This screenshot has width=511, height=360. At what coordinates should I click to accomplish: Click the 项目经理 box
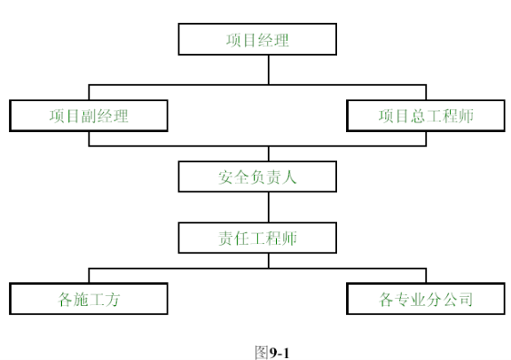point(257,39)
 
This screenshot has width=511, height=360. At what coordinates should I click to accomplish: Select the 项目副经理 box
point(89,115)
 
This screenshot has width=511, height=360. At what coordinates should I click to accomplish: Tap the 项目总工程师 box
point(426,115)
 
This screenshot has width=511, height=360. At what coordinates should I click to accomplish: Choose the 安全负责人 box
point(257,176)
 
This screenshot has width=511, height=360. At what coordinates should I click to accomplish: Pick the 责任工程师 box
point(257,238)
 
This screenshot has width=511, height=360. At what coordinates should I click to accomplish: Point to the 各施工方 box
point(89,299)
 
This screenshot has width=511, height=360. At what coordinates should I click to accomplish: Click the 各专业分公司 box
point(426,299)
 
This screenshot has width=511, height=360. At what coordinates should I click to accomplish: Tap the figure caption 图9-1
point(272,353)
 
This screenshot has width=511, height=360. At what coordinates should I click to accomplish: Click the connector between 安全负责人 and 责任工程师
point(269,207)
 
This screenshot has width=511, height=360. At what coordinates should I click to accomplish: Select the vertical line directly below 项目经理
point(269,70)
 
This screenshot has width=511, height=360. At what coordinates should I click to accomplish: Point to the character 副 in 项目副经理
point(89,116)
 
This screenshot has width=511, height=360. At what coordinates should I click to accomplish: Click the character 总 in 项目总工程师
point(418,116)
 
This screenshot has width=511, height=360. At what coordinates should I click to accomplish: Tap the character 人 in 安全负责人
point(289,177)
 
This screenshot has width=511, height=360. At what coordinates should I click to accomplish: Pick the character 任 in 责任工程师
point(241,239)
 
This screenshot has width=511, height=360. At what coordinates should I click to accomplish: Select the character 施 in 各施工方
point(81,299)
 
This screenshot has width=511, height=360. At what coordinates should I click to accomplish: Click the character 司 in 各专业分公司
point(465,299)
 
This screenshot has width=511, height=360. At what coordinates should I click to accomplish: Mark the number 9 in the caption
point(273,353)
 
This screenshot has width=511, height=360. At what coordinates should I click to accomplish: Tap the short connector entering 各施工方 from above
point(89,276)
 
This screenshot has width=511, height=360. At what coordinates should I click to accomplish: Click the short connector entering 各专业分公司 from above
point(426,276)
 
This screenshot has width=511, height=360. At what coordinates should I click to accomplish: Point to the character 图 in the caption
point(262,353)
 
